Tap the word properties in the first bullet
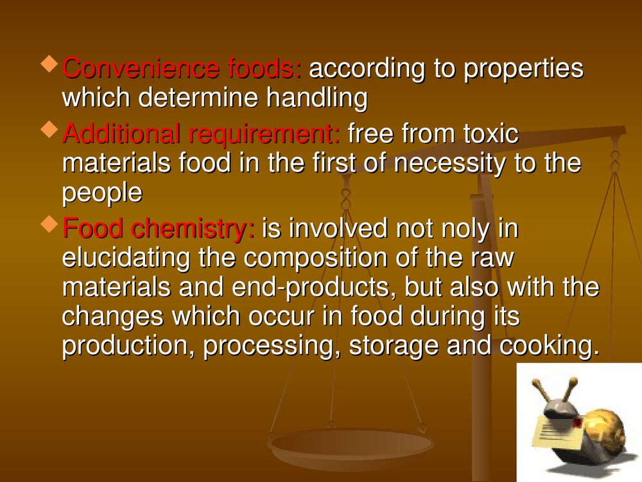(523, 69)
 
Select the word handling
(317, 98)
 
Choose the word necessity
(449, 163)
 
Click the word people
(102, 193)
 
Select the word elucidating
(126, 258)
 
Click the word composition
(329, 258)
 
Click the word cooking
(550, 346)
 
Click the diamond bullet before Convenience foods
(49, 65)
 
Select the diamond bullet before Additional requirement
(49, 129)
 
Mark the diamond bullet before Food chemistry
(49, 225)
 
